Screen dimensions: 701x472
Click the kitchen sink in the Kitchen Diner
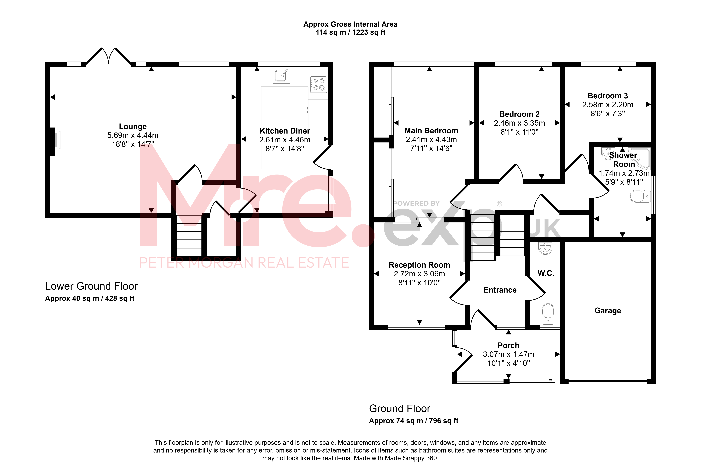pyautogui.click(x=281, y=76)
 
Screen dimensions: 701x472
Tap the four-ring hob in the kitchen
pyautogui.click(x=318, y=84)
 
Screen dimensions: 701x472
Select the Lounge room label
pyautogui.click(x=133, y=126)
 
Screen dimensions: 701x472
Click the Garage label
pyautogui.click(x=608, y=311)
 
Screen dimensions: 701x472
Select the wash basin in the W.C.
pyautogui.click(x=545, y=248)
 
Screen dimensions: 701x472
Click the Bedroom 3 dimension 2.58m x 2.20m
pyautogui.click(x=608, y=105)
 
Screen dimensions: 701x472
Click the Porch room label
pyautogui.click(x=508, y=345)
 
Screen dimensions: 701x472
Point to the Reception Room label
pyautogui.click(x=419, y=265)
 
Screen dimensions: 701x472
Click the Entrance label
pyautogui.click(x=500, y=290)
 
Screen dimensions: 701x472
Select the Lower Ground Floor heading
pyautogui.click(x=91, y=286)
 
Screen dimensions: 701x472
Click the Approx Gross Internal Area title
pyautogui.click(x=350, y=24)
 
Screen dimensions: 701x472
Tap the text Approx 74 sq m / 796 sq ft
pyautogui.click(x=414, y=421)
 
